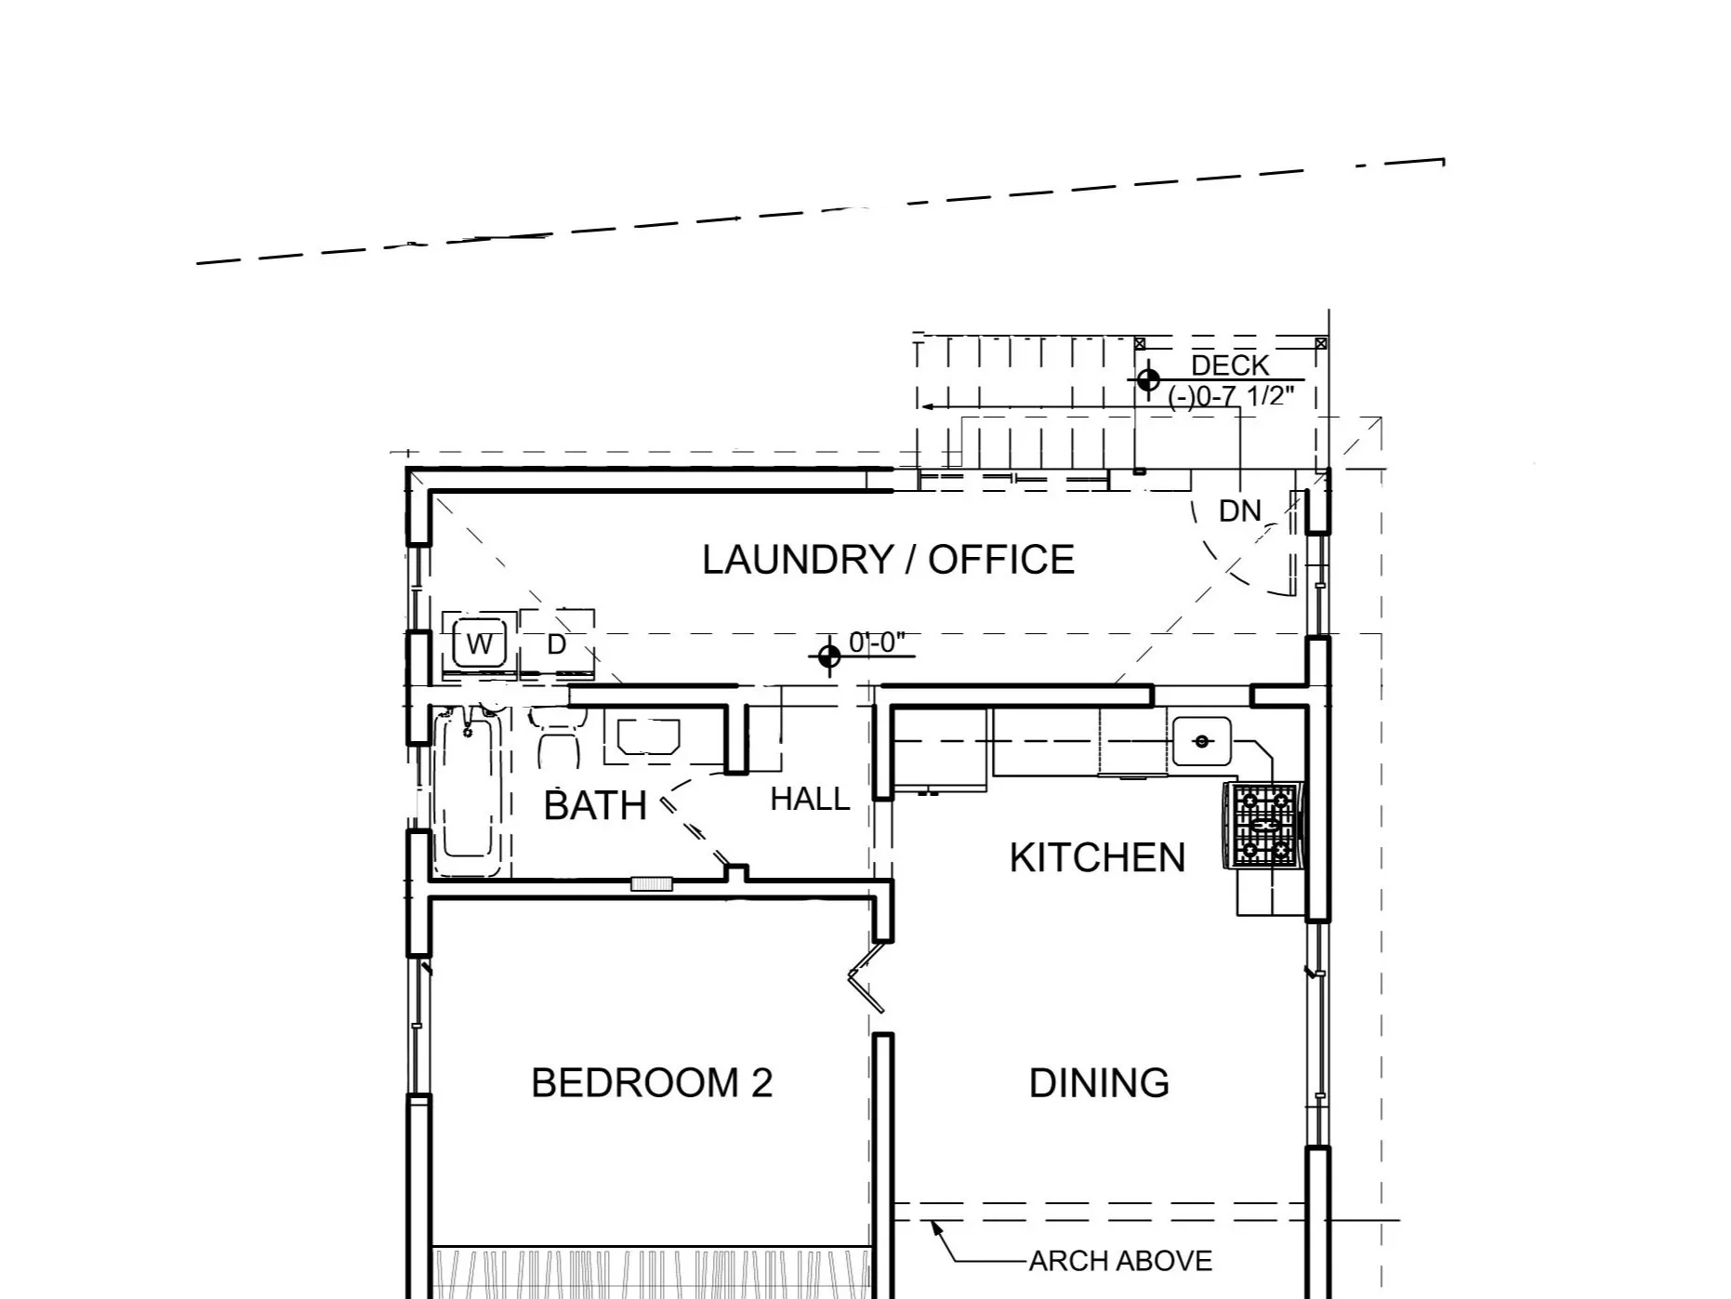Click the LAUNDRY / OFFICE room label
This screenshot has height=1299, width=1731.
(x=888, y=560)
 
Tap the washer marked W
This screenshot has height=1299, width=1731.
(x=480, y=643)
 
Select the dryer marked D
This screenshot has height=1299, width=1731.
(x=557, y=643)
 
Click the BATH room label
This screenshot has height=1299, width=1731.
(x=595, y=805)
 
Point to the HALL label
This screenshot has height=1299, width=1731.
(x=810, y=799)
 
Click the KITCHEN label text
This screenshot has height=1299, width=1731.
(x=1097, y=857)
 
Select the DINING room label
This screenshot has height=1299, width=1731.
(x=1099, y=1083)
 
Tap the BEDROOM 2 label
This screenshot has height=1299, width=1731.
(x=652, y=1083)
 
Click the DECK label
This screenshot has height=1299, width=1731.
(x=1230, y=365)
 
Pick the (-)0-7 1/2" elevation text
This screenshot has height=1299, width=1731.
(x=1231, y=396)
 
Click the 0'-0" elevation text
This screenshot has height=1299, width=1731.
(x=877, y=643)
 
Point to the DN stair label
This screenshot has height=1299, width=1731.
(x=1240, y=510)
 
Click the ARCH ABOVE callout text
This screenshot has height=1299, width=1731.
(x=1120, y=1261)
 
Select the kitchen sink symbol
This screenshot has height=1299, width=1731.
(x=1201, y=741)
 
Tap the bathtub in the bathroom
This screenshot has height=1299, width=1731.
(x=468, y=790)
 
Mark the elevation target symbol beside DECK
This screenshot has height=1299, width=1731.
(x=1148, y=379)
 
